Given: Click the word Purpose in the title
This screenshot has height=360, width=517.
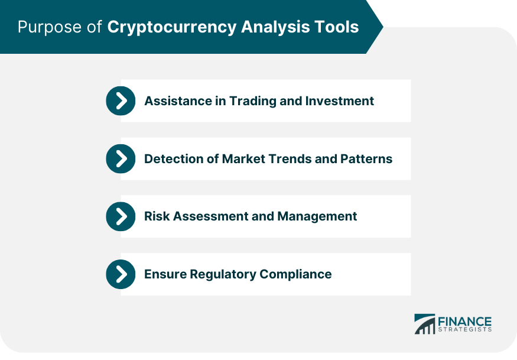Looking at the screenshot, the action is pos(50,27).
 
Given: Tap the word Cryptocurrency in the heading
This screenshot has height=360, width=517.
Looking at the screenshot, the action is pos(172,27).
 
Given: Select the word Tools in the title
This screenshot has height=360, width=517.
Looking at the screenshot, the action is pos(336,27).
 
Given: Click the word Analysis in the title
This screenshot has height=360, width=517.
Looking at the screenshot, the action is pos(275,27).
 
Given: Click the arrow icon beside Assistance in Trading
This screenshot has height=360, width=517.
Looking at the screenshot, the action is pos(121,100).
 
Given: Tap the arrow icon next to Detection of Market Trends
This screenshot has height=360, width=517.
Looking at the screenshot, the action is pos(121,158).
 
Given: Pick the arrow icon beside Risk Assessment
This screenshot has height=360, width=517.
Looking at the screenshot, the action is pos(121,216).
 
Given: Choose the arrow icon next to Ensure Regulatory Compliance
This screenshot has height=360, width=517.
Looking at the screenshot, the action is pos(121,274).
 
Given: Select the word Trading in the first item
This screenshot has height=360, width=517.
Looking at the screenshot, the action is pos(252,101).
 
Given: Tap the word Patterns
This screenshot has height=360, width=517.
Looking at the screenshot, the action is pos(366,158).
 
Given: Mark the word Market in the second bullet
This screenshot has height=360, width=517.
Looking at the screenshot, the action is pos(243,158).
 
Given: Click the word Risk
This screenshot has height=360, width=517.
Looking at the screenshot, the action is pos(157,216).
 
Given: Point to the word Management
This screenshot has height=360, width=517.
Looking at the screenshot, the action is pos(317,217).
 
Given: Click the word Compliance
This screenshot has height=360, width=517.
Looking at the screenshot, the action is pos(296,274).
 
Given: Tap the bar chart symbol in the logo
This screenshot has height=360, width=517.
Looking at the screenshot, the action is pos(425,324).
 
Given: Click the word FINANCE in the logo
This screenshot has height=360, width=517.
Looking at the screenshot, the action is pos(464,321).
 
